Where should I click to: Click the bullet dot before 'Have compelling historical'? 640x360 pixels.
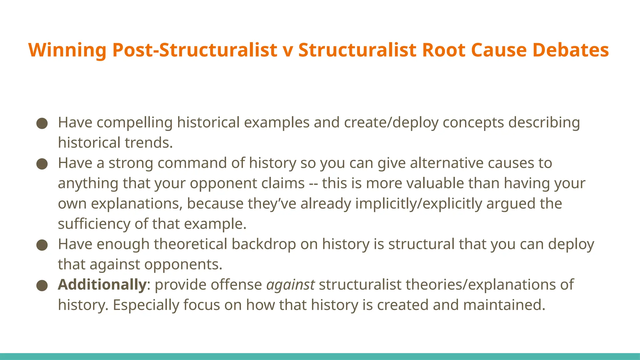42,123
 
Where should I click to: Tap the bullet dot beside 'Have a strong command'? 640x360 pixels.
42,164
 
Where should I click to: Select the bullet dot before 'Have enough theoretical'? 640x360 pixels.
42,245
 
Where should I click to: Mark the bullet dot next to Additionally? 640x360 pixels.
42,285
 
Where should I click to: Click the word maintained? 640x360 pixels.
504,305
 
